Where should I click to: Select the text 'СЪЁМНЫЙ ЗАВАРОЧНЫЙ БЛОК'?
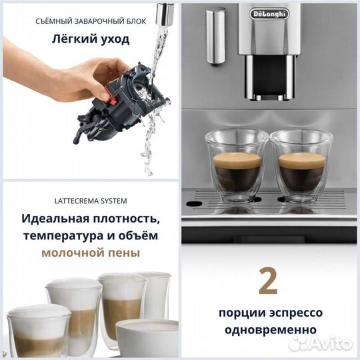[x=91, y=20]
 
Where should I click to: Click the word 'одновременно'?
[x=270, y=329]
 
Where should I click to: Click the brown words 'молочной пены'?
[x=91, y=253]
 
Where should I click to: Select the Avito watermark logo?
[x=328, y=343]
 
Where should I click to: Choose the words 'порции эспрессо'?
[x=270, y=313]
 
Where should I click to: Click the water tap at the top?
[x=161, y=10]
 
